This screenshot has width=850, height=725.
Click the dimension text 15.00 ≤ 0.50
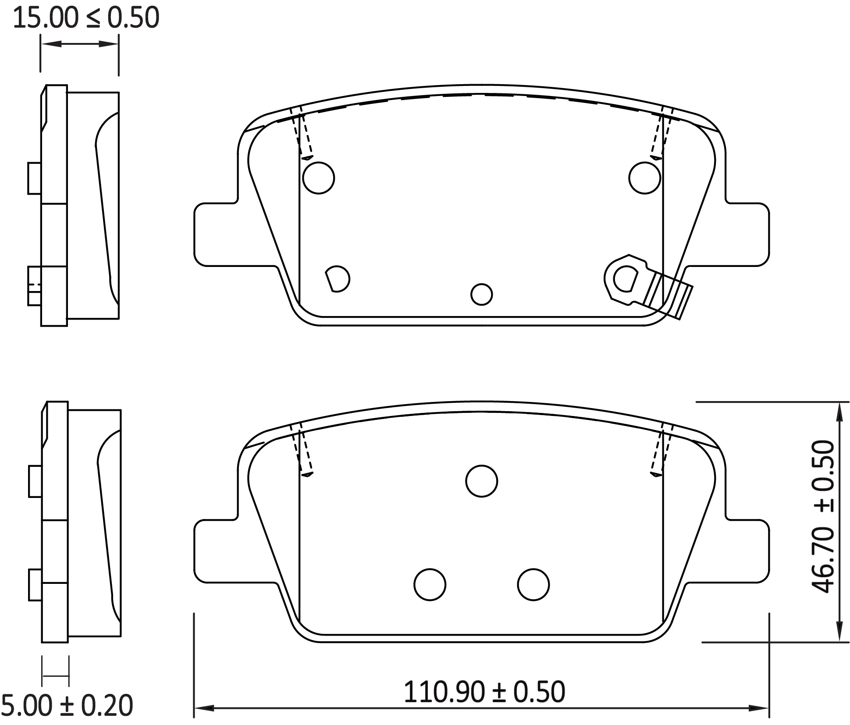tap(85, 18)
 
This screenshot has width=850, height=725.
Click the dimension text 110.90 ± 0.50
tap(484, 692)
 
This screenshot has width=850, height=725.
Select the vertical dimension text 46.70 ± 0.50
tap(822, 517)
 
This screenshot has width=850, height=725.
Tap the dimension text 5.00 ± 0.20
tap(67, 706)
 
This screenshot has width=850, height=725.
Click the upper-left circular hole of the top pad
tap(319, 178)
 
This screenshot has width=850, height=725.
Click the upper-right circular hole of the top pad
tap(644, 178)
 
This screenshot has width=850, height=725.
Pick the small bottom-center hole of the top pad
tap(481, 295)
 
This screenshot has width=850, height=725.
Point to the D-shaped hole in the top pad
tap(338, 279)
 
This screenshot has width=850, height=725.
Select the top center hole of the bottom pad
tap(481, 481)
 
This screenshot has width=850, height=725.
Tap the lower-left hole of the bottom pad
tap(430, 584)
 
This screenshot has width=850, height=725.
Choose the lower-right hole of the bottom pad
tap(533, 584)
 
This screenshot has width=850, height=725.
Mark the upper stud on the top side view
tap(35, 178)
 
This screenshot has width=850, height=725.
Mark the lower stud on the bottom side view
tap(36, 585)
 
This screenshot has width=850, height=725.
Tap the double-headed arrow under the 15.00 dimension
tap(79, 44)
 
